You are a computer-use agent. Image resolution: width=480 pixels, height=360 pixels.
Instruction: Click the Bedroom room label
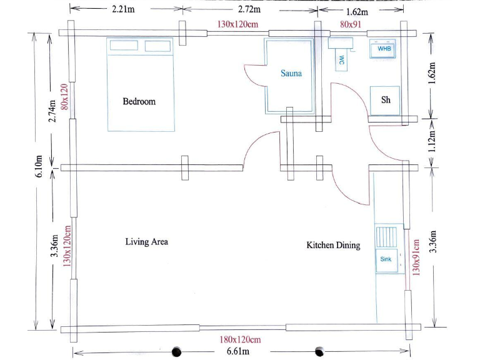(139, 101)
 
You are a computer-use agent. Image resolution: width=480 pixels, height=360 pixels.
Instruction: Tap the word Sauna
(291, 73)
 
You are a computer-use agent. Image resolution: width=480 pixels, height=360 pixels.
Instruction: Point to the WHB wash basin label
(383, 48)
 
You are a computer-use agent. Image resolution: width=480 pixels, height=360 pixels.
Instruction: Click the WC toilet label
(342, 60)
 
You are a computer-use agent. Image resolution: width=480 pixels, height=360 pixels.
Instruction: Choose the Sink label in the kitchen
(385, 259)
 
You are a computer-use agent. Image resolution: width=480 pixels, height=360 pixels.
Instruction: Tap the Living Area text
(146, 242)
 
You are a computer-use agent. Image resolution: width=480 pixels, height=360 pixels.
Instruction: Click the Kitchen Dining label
(333, 246)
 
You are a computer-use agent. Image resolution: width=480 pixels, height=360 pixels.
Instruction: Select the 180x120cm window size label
(239, 340)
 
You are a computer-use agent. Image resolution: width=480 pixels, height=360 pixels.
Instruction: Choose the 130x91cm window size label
(416, 256)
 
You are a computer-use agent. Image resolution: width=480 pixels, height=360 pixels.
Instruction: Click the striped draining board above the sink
(385, 237)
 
